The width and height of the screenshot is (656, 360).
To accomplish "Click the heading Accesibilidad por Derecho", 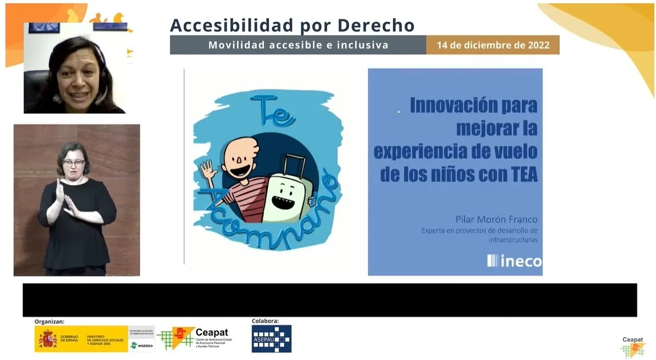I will tap(292, 25).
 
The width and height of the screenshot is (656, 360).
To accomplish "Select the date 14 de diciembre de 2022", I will tap(493, 45).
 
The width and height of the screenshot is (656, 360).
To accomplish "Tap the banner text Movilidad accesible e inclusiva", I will tap(298, 45).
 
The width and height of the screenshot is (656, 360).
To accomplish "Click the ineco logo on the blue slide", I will tap(514, 261).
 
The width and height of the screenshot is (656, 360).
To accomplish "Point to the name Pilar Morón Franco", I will tap(496, 220).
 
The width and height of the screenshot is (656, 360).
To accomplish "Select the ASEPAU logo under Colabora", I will tap(271, 339).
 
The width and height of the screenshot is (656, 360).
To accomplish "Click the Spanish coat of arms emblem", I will tap(47, 339).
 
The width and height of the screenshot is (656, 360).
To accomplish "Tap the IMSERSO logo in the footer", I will tap(141, 345).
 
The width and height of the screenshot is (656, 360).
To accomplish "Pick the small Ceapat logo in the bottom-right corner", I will tap(633, 347).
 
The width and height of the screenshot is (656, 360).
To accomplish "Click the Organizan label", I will tap(49, 321).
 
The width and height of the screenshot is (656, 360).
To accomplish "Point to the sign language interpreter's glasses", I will tap(73, 163).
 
